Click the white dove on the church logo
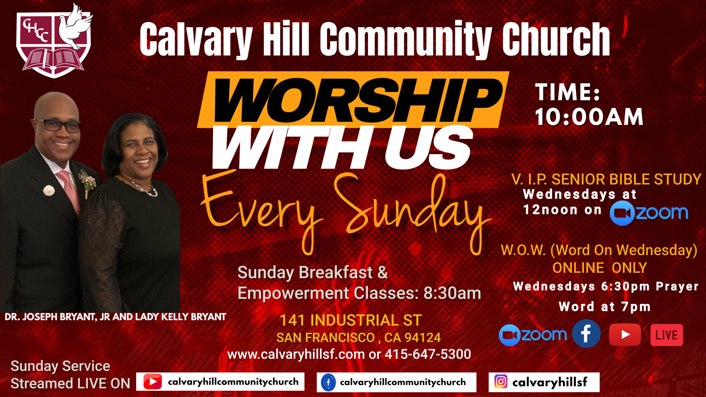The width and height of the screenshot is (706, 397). pos(75,28)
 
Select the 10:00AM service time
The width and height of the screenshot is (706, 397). pos(589,117)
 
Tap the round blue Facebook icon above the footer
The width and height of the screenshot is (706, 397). pos(586,334)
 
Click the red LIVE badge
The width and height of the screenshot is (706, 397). pos(666,335)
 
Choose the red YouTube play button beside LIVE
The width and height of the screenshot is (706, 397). pos(625,334)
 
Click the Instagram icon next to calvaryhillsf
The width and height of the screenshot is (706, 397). pos(501,382)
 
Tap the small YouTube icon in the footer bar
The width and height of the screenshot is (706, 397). pos(153,382)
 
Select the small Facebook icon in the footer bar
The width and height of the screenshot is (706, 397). pos(328,382)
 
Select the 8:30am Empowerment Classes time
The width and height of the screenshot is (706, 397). pos(452,293)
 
